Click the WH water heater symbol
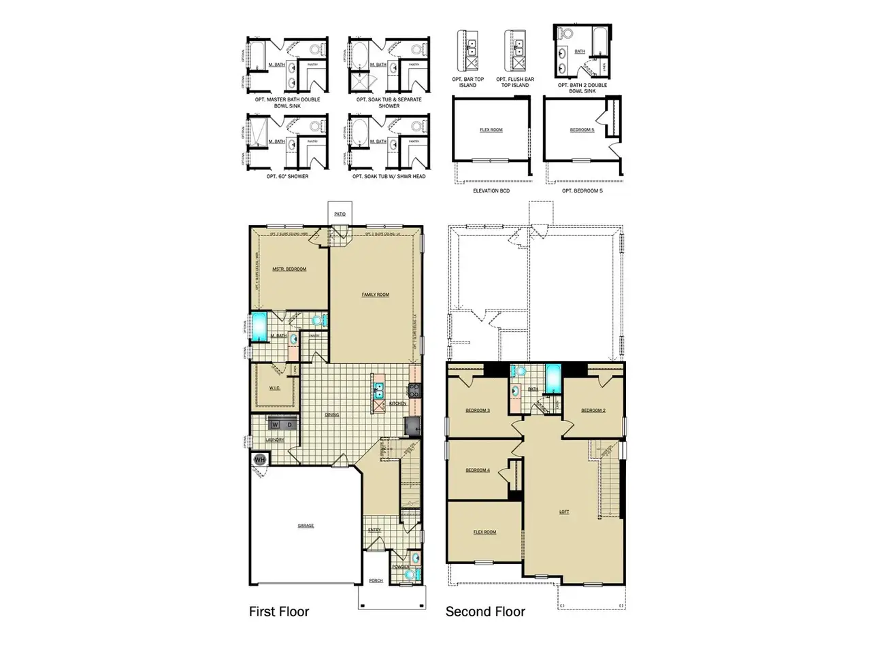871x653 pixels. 259,460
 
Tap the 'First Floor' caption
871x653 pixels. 279,612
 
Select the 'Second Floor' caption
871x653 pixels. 485,612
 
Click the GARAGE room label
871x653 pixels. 306,526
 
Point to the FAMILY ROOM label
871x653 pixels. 376,295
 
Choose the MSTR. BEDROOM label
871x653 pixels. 289,269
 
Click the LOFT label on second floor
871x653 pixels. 564,512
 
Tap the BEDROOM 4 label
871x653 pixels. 477,470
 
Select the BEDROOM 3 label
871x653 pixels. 477,410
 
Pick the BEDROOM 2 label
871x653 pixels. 593,410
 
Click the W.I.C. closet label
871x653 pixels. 275,389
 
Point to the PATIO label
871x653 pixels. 340,214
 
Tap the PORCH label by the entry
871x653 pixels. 376,580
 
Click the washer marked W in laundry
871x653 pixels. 276,425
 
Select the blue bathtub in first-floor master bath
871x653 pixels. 259,326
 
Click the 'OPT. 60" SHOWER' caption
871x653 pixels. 287,176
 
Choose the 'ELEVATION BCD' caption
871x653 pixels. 491,191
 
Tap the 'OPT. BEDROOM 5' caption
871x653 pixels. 582,191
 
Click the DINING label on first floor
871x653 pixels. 331,414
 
